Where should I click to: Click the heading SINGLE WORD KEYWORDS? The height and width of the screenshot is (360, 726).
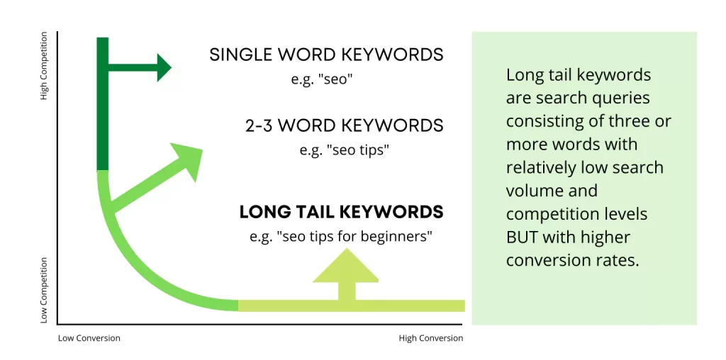[326, 55]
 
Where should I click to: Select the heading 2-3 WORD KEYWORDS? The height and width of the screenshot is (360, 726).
[345, 126]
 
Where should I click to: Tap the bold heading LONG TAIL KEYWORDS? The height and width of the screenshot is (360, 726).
[341, 212]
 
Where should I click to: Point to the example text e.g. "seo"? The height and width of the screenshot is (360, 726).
[323, 79]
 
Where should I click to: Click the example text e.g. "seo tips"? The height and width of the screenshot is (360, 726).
[342, 150]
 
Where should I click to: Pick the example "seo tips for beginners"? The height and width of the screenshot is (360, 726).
[341, 237]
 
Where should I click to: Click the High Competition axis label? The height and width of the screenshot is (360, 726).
[44, 66]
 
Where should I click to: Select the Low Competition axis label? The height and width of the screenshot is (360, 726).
[44, 291]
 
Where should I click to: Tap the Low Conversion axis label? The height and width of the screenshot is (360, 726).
[89, 338]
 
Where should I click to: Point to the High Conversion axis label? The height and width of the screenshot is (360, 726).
[430, 338]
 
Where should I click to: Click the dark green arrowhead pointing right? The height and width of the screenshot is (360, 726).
[164, 67]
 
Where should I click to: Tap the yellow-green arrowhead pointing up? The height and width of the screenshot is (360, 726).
[346, 265]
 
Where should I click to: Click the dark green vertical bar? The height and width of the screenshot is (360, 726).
[103, 104]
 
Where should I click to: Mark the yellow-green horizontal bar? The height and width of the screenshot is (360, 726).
[352, 305]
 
